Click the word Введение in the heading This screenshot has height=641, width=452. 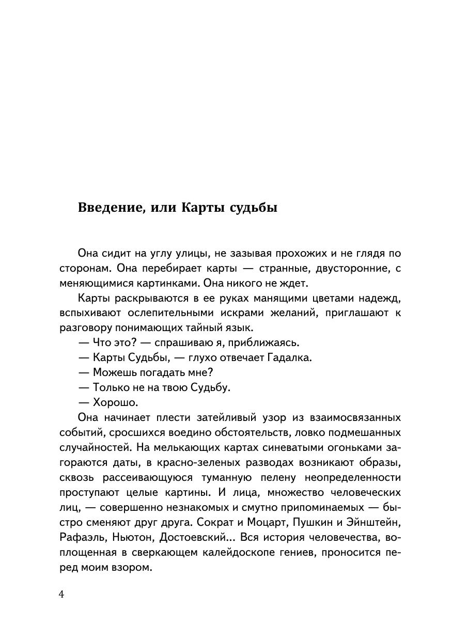[x=107, y=208]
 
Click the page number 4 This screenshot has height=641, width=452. [x=61, y=594]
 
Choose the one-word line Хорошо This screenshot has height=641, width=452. [x=116, y=402]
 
